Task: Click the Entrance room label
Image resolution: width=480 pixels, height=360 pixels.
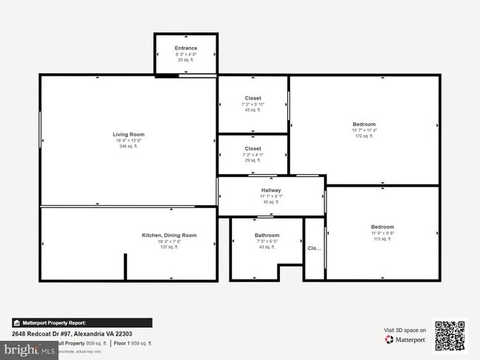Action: [x=186, y=49]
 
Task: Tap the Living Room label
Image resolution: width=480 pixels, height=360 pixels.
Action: [x=128, y=134]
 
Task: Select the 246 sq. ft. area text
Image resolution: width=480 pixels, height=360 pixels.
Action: [x=128, y=147]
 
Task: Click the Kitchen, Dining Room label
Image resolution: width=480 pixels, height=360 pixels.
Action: [x=169, y=235]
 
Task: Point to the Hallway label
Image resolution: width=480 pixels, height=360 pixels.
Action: [x=271, y=190]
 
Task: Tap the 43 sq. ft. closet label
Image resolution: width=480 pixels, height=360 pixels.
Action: [x=253, y=98]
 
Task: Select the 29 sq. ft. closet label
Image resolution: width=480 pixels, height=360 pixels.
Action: [x=253, y=148]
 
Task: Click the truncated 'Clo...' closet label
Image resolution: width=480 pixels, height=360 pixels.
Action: [x=315, y=249]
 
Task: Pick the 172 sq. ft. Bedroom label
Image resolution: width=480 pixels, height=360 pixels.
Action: [x=365, y=124]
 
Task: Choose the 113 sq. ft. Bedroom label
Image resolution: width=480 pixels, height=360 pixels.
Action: [x=383, y=226]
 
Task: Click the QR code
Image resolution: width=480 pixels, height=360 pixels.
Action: [x=450, y=335]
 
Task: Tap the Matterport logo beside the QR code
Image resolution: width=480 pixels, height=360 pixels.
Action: [x=404, y=340]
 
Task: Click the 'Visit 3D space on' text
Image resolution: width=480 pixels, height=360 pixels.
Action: [x=405, y=330]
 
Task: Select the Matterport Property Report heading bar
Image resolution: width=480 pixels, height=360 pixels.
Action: [x=81, y=322]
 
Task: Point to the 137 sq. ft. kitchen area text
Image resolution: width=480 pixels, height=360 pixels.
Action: [x=169, y=247]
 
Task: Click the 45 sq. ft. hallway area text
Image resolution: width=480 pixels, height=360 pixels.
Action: [x=271, y=202]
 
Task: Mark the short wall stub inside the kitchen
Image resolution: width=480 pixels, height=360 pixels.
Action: [x=126, y=266]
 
